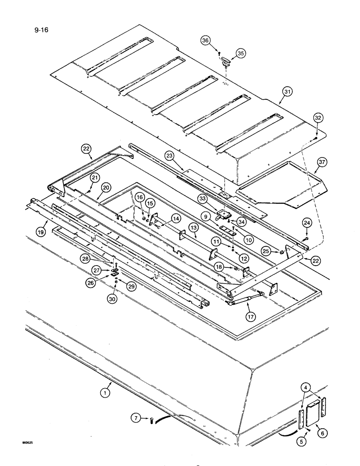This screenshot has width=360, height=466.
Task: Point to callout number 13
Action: [x=193, y=227]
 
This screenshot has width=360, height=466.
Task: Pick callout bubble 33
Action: [x=203, y=199]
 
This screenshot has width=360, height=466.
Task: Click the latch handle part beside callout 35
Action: [x=227, y=60]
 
